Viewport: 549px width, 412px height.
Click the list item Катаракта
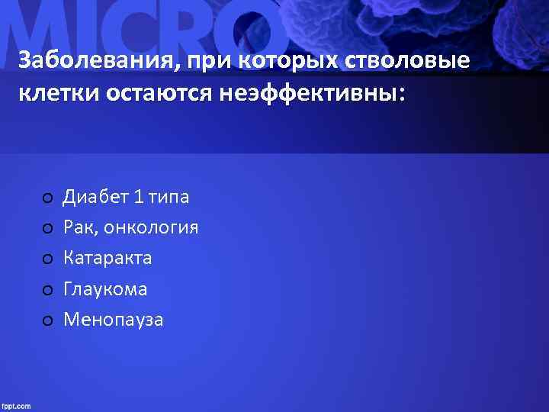(108, 259)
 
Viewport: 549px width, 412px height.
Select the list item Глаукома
(105, 289)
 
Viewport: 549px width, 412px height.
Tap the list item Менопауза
(113, 320)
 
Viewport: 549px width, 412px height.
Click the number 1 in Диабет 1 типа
(138, 198)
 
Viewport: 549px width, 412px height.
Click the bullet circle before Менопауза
(47, 321)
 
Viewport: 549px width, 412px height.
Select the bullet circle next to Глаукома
(47, 291)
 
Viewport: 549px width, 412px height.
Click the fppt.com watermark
(16, 406)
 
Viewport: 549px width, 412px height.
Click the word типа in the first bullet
(169, 198)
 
